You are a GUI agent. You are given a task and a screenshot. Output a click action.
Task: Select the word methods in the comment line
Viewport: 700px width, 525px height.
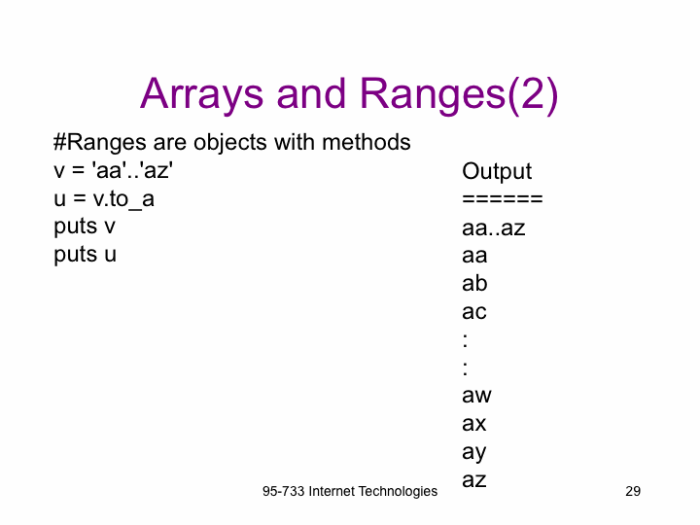(x=367, y=142)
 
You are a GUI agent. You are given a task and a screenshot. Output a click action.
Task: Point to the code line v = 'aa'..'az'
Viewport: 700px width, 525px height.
(x=114, y=170)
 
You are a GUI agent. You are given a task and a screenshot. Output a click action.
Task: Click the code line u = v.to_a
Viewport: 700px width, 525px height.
(x=104, y=198)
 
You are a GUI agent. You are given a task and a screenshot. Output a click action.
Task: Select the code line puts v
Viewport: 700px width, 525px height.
(x=85, y=227)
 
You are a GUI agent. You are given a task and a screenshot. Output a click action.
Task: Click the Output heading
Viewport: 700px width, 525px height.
(x=497, y=172)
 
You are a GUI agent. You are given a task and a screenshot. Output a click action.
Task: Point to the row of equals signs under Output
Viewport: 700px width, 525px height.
(x=503, y=198)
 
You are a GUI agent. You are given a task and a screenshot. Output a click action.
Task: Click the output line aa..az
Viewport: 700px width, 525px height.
(x=494, y=228)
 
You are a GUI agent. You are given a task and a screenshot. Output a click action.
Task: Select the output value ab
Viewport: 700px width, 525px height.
(x=474, y=283)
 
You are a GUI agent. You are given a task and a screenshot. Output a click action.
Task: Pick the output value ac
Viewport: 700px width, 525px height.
(x=474, y=312)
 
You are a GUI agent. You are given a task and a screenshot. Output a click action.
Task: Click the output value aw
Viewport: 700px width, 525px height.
(x=476, y=396)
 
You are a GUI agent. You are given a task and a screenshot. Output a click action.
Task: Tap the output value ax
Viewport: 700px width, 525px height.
(x=474, y=424)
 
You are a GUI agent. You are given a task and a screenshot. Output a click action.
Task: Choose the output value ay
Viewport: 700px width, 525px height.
(x=474, y=453)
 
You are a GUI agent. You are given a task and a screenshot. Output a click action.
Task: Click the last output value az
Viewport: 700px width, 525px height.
(x=474, y=480)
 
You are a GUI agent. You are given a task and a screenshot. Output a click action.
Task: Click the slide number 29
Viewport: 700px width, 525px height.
(x=633, y=491)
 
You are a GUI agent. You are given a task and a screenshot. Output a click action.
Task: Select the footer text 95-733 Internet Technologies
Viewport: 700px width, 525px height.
(x=350, y=492)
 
